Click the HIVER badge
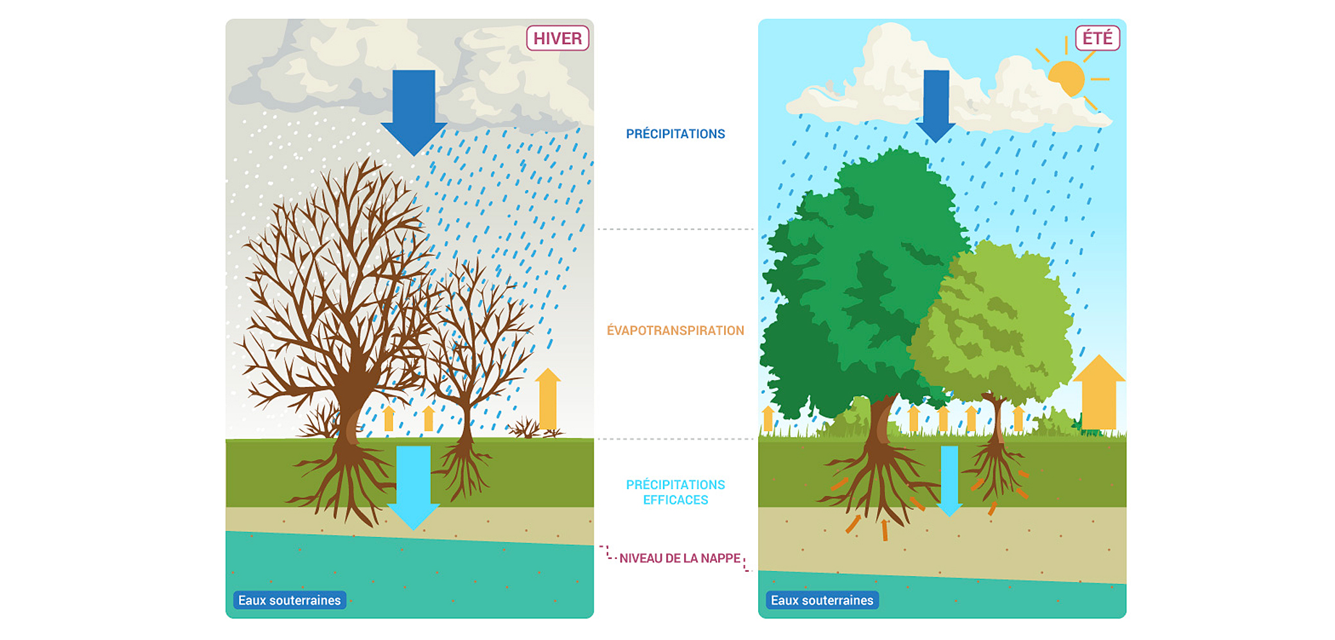(x=557, y=39)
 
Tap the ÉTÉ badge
(x=1097, y=38)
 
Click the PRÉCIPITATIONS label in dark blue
(x=675, y=134)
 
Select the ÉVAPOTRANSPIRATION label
(x=675, y=330)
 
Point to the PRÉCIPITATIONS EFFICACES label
(x=675, y=492)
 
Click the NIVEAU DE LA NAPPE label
(x=680, y=558)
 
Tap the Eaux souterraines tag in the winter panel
(x=289, y=600)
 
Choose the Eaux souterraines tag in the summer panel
(x=822, y=600)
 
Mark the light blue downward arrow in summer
(x=949, y=479)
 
